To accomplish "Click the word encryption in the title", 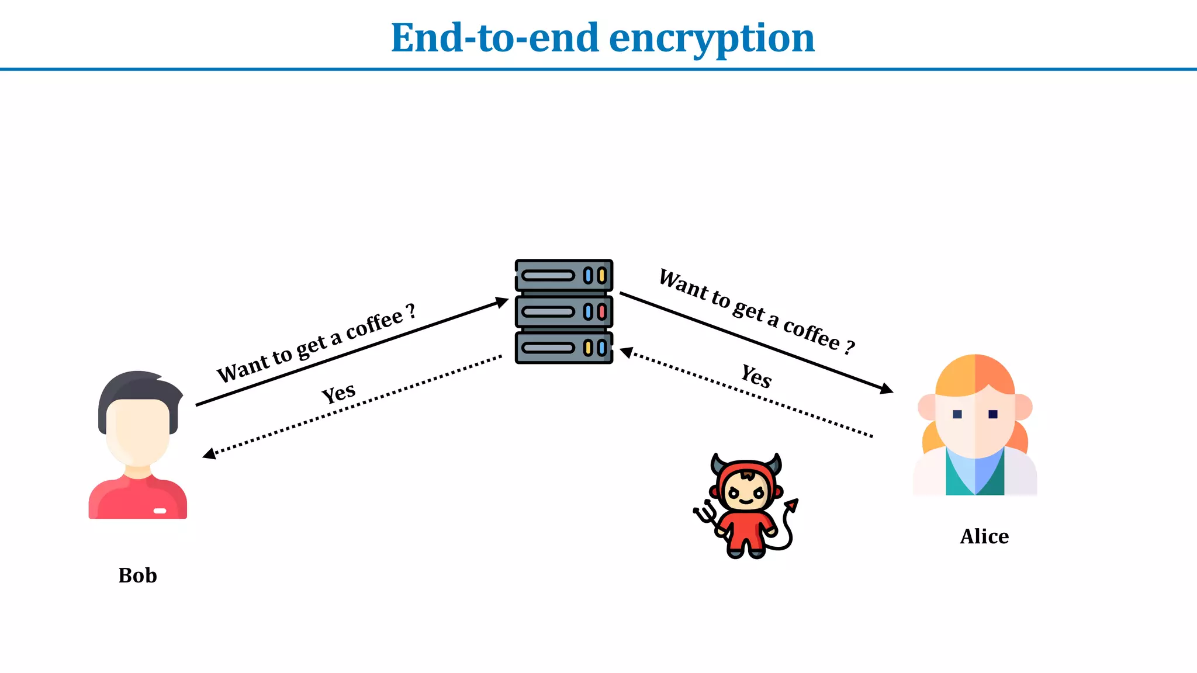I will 711,39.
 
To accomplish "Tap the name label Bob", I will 137,575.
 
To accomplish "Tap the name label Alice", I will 984,536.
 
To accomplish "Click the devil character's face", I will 745,491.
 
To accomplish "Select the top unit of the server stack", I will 563,276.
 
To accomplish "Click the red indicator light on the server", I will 601,312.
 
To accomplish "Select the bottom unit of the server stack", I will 563,348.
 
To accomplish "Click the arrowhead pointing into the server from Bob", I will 502,302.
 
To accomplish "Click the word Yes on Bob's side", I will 338,393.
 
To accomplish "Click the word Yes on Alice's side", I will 756,376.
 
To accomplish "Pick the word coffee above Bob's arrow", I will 374,325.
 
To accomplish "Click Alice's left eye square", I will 957,414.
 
